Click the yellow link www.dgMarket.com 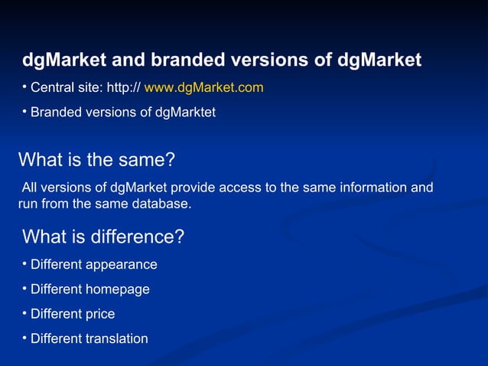point(203,88)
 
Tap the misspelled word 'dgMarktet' point(185,113)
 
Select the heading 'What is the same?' point(96,160)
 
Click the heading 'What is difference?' point(103,237)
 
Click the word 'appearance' point(122,265)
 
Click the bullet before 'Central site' point(24,86)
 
